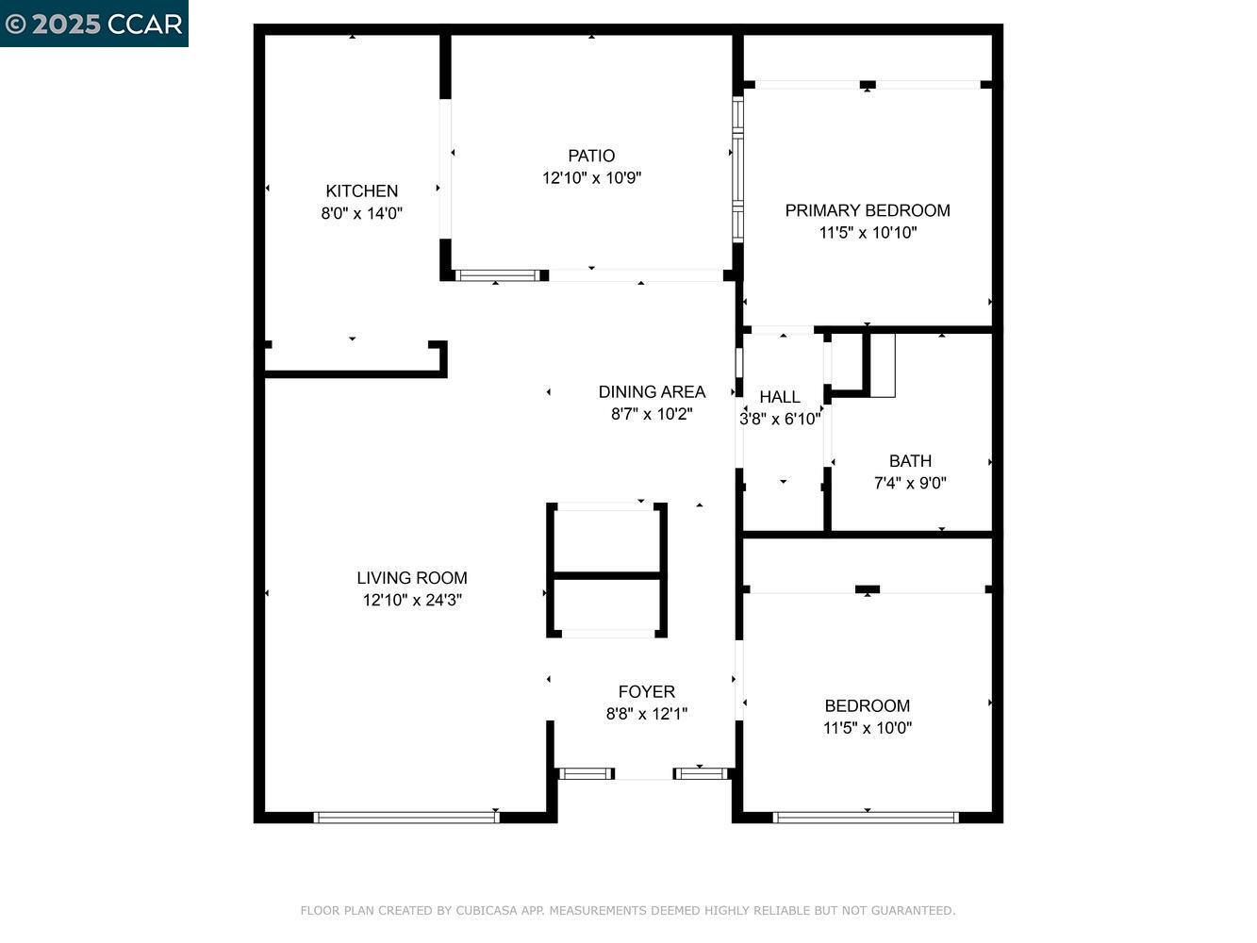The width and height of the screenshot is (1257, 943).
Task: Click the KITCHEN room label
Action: coord(361,190)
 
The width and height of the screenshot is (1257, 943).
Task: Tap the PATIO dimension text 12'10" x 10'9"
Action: coord(591,178)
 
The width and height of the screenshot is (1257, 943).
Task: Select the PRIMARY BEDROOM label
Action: coord(867,210)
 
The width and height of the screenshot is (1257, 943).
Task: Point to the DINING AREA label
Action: coord(652,391)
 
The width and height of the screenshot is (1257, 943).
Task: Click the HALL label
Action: coord(779,397)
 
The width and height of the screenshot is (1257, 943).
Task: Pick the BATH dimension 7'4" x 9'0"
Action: coord(910,484)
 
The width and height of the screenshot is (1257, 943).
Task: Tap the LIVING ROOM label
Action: coord(411,578)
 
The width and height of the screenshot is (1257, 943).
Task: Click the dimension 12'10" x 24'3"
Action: coord(411,601)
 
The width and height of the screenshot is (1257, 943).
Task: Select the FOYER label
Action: coord(646,691)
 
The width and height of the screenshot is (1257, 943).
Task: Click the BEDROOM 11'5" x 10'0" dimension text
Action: coord(867,728)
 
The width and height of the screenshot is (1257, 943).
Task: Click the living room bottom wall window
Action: coord(406,818)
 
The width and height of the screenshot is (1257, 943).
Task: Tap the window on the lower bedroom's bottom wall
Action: coord(865,818)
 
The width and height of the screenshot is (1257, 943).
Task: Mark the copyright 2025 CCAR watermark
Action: coord(93,24)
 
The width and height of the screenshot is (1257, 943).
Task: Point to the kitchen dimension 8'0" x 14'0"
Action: coord(361,214)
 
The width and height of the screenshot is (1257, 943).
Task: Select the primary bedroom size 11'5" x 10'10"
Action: coord(867,233)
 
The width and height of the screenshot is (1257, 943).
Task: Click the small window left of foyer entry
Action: coord(586,774)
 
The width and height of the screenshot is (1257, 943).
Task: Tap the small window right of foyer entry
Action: coord(701,774)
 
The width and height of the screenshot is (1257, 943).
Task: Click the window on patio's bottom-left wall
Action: coord(497,276)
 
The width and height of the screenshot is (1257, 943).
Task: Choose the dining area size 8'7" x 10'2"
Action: coord(652,414)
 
